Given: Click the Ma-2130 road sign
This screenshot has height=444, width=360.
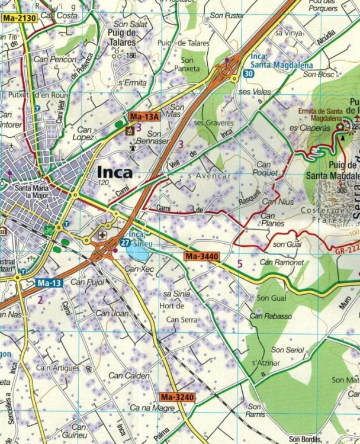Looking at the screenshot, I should click(20, 19).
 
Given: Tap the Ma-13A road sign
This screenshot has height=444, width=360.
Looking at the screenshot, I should click(144, 117).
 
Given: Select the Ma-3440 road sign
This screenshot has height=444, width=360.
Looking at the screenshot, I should click(201, 256).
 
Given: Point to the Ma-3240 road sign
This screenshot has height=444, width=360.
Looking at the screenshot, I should click(176, 397).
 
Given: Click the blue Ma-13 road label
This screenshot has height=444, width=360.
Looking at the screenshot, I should click(49, 283).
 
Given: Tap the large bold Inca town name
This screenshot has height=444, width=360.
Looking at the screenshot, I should click(114, 173).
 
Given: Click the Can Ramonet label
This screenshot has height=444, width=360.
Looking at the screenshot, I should click(281, 262).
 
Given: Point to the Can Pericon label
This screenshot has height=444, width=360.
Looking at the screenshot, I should click(55, 59).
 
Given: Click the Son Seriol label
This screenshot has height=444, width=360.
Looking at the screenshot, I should click(287, 350).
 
